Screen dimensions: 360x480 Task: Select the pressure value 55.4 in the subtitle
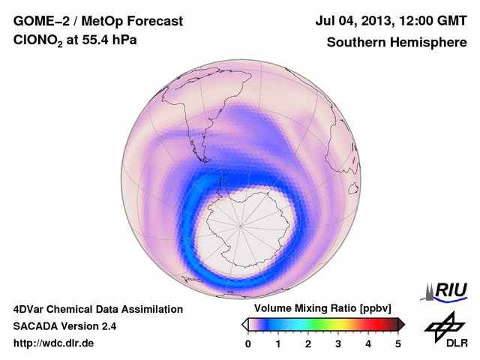point(92,43)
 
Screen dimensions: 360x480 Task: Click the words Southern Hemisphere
point(397,43)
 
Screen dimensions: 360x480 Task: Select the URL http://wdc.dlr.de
point(54,343)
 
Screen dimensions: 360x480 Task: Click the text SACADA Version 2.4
point(64,326)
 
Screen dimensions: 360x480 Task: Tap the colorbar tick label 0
point(248,343)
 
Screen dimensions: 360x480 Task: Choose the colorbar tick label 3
point(338,343)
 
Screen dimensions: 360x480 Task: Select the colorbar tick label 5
point(398,343)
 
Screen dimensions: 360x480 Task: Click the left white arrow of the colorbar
point(244,324)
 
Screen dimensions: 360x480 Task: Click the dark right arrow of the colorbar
point(401,324)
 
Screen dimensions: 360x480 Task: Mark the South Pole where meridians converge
point(241,223)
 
